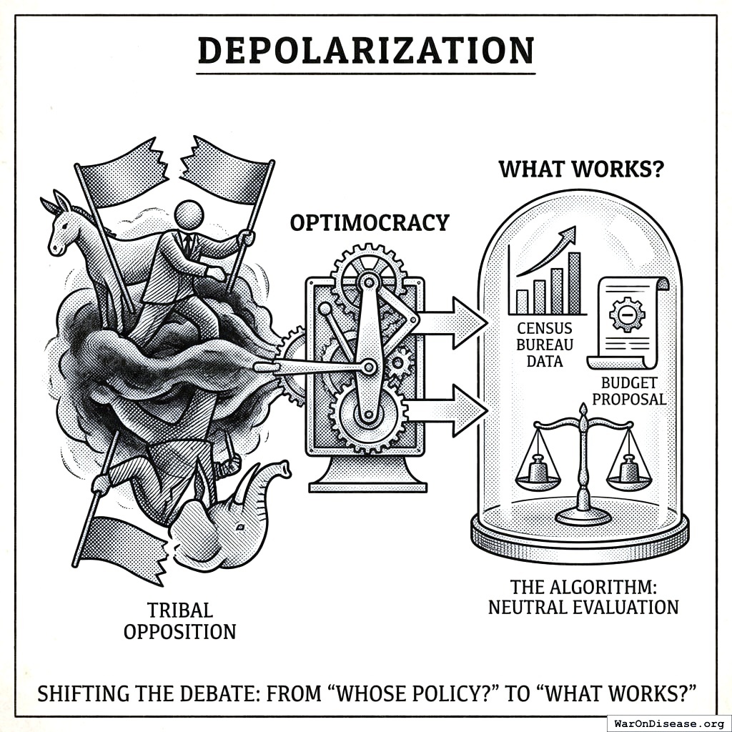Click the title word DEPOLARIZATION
click(365, 51)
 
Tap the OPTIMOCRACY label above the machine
click(369, 222)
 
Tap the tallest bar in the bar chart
click(574, 283)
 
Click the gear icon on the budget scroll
click(627, 315)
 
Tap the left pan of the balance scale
click(538, 475)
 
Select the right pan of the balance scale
click(629, 475)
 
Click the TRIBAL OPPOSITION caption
click(179, 620)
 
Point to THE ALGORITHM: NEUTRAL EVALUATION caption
click(583, 597)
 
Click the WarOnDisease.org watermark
click(668, 723)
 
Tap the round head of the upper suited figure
click(189, 214)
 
